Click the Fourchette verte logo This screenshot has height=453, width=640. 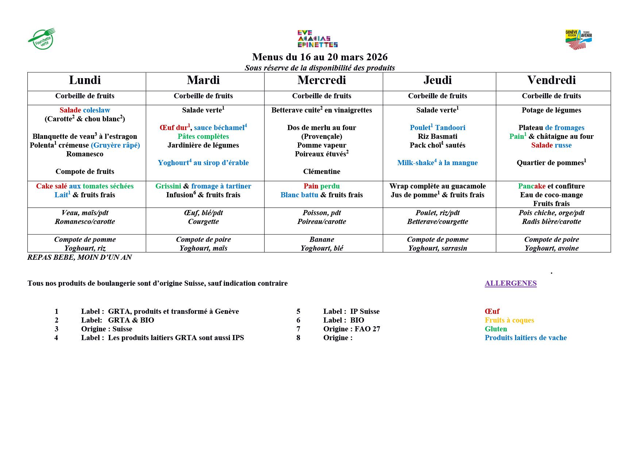point(42,39)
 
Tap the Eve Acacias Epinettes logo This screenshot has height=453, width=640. point(317,39)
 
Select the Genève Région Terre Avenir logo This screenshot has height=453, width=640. point(578,39)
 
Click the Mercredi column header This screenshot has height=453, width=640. point(321,80)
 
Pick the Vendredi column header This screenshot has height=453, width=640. point(551,80)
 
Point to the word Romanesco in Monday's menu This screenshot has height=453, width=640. point(85,154)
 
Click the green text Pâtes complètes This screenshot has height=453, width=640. point(203,137)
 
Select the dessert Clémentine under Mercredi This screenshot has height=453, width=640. point(321,172)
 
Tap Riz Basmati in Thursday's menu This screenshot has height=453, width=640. point(437,137)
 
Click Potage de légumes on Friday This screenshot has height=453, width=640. point(551,110)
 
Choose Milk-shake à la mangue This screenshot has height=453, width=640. point(437,163)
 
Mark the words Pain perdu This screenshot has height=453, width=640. point(321,186)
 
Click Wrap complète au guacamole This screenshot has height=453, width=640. point(437,186)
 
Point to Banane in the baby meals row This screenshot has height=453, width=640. point(321,240)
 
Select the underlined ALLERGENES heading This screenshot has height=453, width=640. point(510,283)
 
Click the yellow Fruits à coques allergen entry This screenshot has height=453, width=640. point(509,320)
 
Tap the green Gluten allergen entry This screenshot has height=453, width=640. point(496,329)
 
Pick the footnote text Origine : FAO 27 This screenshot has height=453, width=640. point(351,329)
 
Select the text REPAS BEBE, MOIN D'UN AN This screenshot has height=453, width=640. point(80,257)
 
